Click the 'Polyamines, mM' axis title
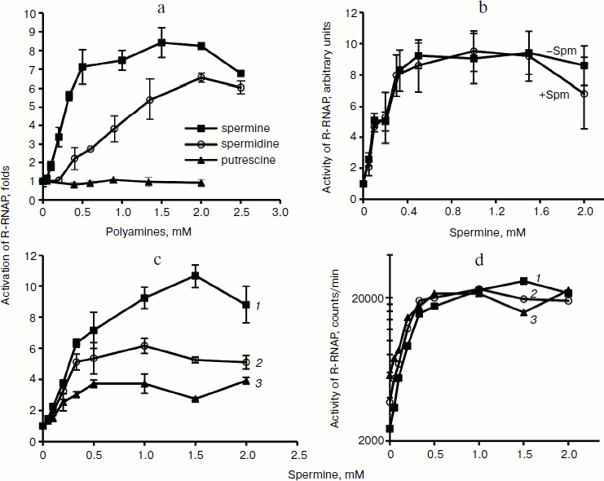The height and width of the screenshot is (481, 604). pos(161,231)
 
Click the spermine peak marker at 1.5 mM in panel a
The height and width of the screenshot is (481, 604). pos(161,42)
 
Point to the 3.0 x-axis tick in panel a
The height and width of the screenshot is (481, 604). pos(280,212)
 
